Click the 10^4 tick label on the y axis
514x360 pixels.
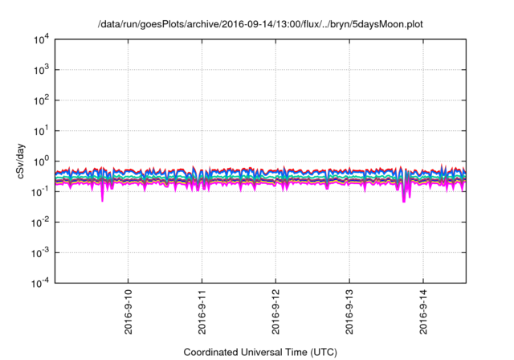click(x=40, y=39)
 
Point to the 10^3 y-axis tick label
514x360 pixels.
click(x=40, y=70)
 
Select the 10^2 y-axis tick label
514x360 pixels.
click(x=40, y=100)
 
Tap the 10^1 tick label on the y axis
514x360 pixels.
click(x=40, y=130)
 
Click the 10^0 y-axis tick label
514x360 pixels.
click(x=40, y=161)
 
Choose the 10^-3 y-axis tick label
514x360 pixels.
click(x=39, y=252)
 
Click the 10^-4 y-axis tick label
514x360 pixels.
click(x=39, y=282)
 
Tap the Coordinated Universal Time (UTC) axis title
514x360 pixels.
click(x=260, y=352)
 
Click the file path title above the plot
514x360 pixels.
click(x=260, y=24)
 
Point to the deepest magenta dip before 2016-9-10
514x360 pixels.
click(x=102, y=199)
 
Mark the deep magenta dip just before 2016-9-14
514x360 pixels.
click(x=403, y=201)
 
